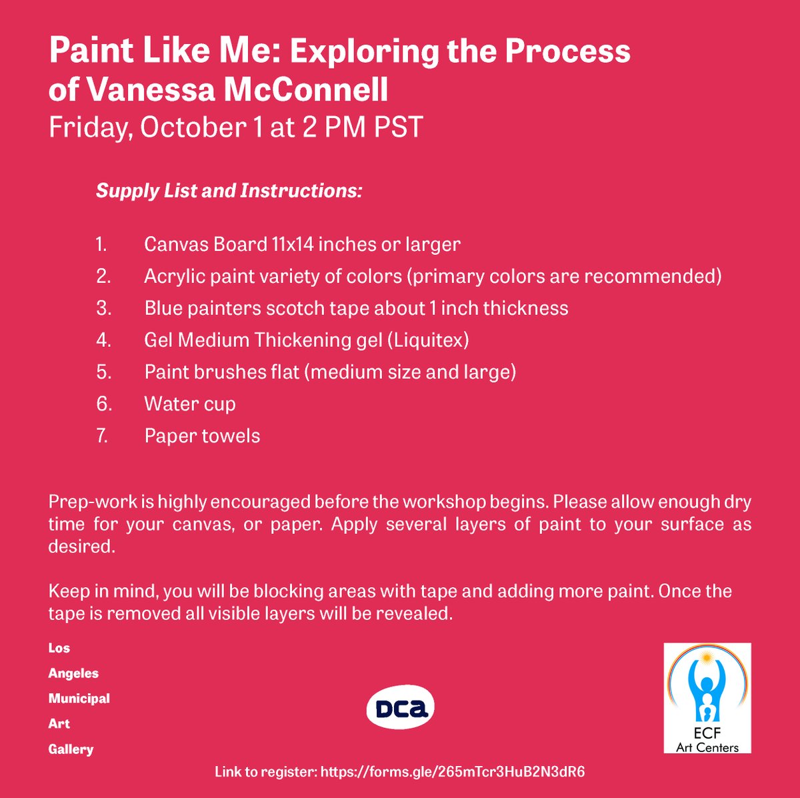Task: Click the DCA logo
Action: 400,709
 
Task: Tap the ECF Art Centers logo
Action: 707,698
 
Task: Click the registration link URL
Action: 453,772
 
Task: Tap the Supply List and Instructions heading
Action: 229,191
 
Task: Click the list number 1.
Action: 101,244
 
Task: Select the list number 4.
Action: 103,340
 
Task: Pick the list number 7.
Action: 103,436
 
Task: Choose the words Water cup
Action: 189,404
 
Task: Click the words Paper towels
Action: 202,436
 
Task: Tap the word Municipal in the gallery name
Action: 79,699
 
